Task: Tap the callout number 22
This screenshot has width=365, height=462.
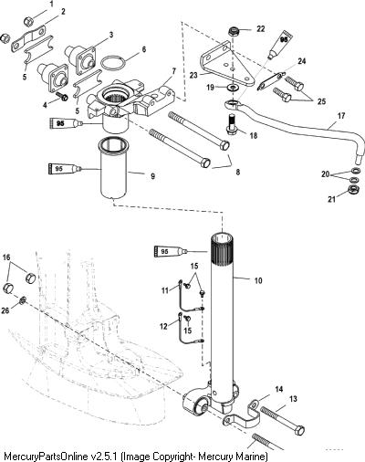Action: pyautogui.click(x=261, y=29)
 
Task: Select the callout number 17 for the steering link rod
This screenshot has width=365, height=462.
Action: pyautogui.click(x=341, y=116)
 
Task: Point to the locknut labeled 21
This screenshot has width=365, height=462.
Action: pyautogui.click(x=354, y=189)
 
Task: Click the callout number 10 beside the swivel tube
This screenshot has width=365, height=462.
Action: pyautogui.click(x=258, y=280)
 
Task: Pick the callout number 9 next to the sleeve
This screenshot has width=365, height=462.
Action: pyautogui.click(x=152, y=176)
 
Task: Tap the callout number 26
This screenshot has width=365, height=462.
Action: pyautogui.click(x=5, y=310)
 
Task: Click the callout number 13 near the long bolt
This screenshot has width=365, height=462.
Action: pyautogui.click(x=293, y=399)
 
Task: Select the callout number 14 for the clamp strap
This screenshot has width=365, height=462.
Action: pyautogui.click(x=279, y=389)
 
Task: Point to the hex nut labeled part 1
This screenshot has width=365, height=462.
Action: pyautogui.click(x=28, y=21)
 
